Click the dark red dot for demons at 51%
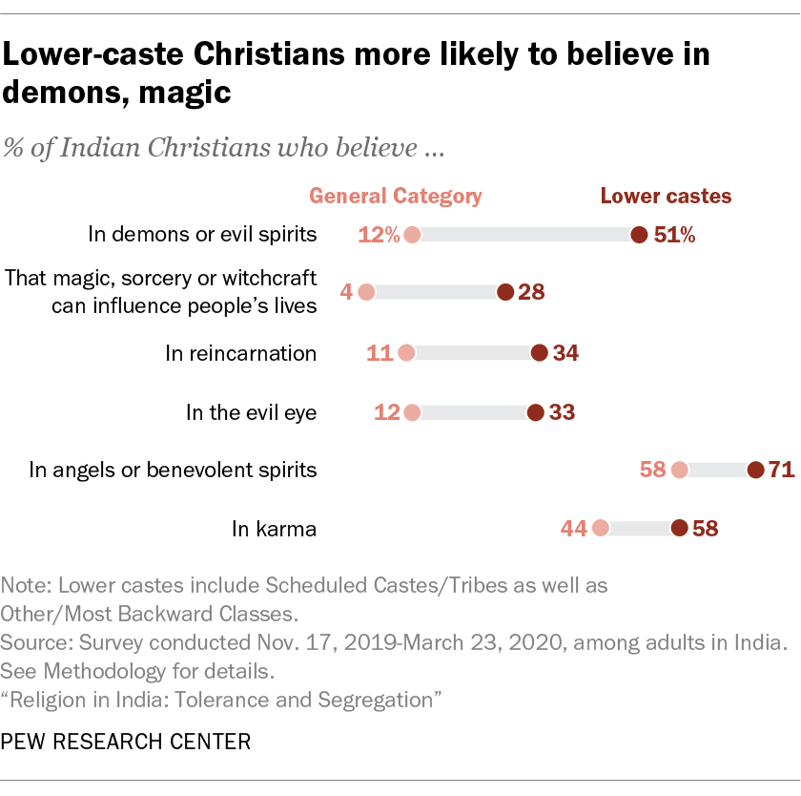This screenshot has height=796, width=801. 639,235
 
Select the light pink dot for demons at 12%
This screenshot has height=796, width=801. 412,235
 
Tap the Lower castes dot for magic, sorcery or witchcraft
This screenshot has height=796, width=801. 504,293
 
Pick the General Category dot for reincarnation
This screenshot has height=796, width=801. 406,353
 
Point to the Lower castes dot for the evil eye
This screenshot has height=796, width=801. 535,412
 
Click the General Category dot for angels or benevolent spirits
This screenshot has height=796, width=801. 679,470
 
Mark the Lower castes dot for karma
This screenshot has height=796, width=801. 679,528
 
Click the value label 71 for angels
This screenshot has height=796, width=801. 782,470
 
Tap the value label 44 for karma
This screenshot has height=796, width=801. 573,528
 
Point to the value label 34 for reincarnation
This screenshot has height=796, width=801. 565,353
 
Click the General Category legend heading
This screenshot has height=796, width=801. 396,197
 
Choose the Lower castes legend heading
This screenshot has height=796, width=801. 666,197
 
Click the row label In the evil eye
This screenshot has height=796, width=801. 251,412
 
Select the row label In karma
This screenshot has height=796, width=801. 275,528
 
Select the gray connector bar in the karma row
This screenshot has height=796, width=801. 639,528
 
